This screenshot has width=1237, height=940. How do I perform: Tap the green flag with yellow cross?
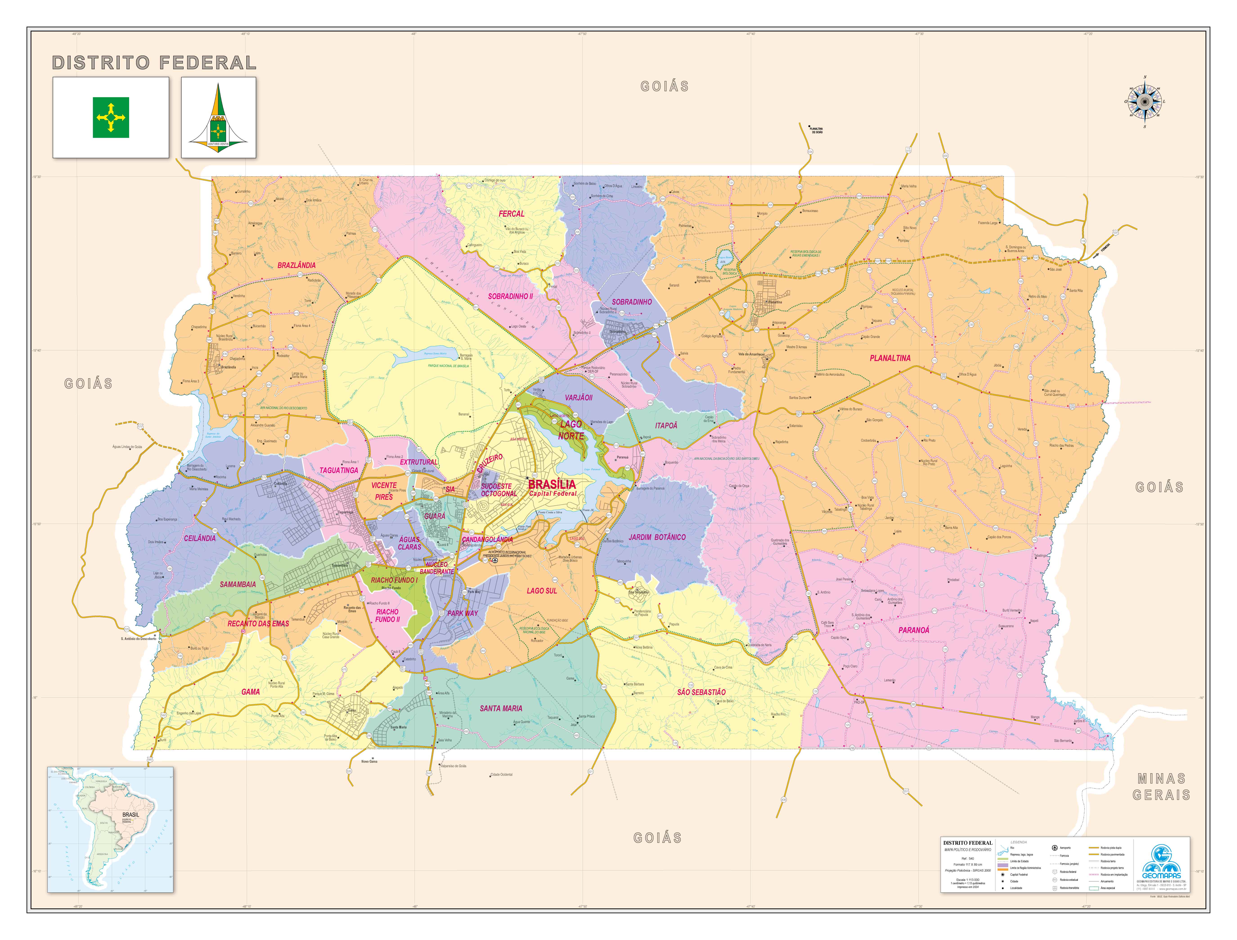tap(111, 118)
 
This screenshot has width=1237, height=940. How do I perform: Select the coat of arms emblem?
tap(218, 116)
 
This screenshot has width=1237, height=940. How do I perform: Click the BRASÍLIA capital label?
tap(552, 484)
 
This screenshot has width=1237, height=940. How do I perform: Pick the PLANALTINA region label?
tap(890, 358)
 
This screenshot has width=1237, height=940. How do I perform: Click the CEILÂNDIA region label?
tap(199, 538)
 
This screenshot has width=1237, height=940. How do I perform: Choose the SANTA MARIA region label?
tap(501, 708)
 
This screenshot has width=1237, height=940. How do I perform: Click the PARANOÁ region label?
tap(913, 630)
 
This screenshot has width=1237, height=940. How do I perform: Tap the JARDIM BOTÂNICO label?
tap(657, 537)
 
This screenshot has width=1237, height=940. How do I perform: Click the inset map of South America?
tap(110, 829)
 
